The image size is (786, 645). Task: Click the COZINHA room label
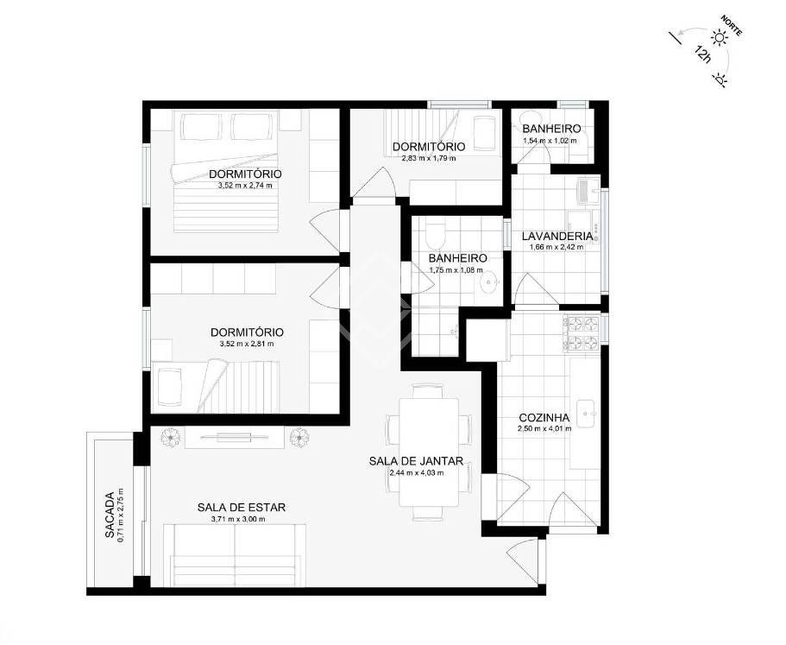pyautogui.click(x=544, y=417)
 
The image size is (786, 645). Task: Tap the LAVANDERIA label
pyautogui.click(x=556, y=236)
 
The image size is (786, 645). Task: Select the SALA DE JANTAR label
pyautogui.click(x=416, y=461)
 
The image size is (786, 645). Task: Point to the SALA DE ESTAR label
pyautogui.click(x=242, y=507)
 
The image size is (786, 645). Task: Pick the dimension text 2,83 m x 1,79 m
pyautogui.click(x=429, y=158)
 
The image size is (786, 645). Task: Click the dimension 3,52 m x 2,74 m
pyautogui.click(x=245, y=185)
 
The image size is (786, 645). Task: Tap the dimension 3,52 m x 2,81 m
pyautogui.click(x=247, y=344)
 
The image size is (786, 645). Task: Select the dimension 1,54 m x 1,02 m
pyautogui.click(x=550, y=141)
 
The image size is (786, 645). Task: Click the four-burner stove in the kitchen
pyautogui.click(x=582, y=333)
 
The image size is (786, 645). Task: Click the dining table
pyautogui.click(x=429, y=452)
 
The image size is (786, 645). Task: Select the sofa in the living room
pyautogui.click(x=235, y=554)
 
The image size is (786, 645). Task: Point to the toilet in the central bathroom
pyautogui.click(x=434, y=233)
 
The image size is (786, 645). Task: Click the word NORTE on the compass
pyautogui.click(x=732, y=25)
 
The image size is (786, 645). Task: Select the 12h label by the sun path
pyautogui.click(x=703, y=54)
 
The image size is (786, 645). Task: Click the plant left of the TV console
pyautogui.click(x=171, y=437)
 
